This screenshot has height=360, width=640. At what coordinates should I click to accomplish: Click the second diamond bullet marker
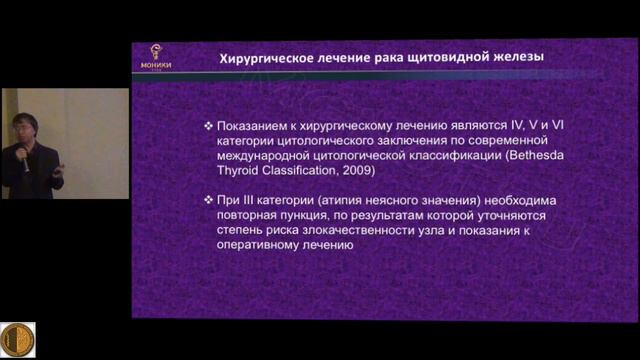pyautogui.click(x=207, y=200)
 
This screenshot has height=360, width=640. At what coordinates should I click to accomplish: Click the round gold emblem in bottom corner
pyautogui.click(x=17, y=339)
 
